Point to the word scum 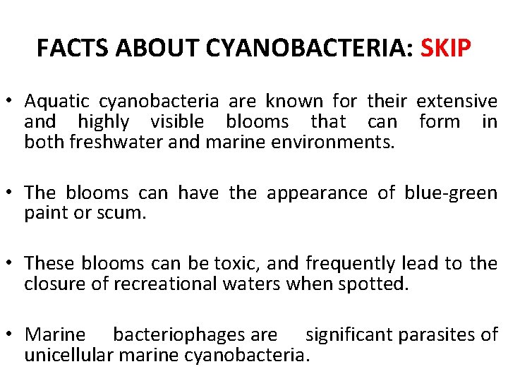click(125, 213)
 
